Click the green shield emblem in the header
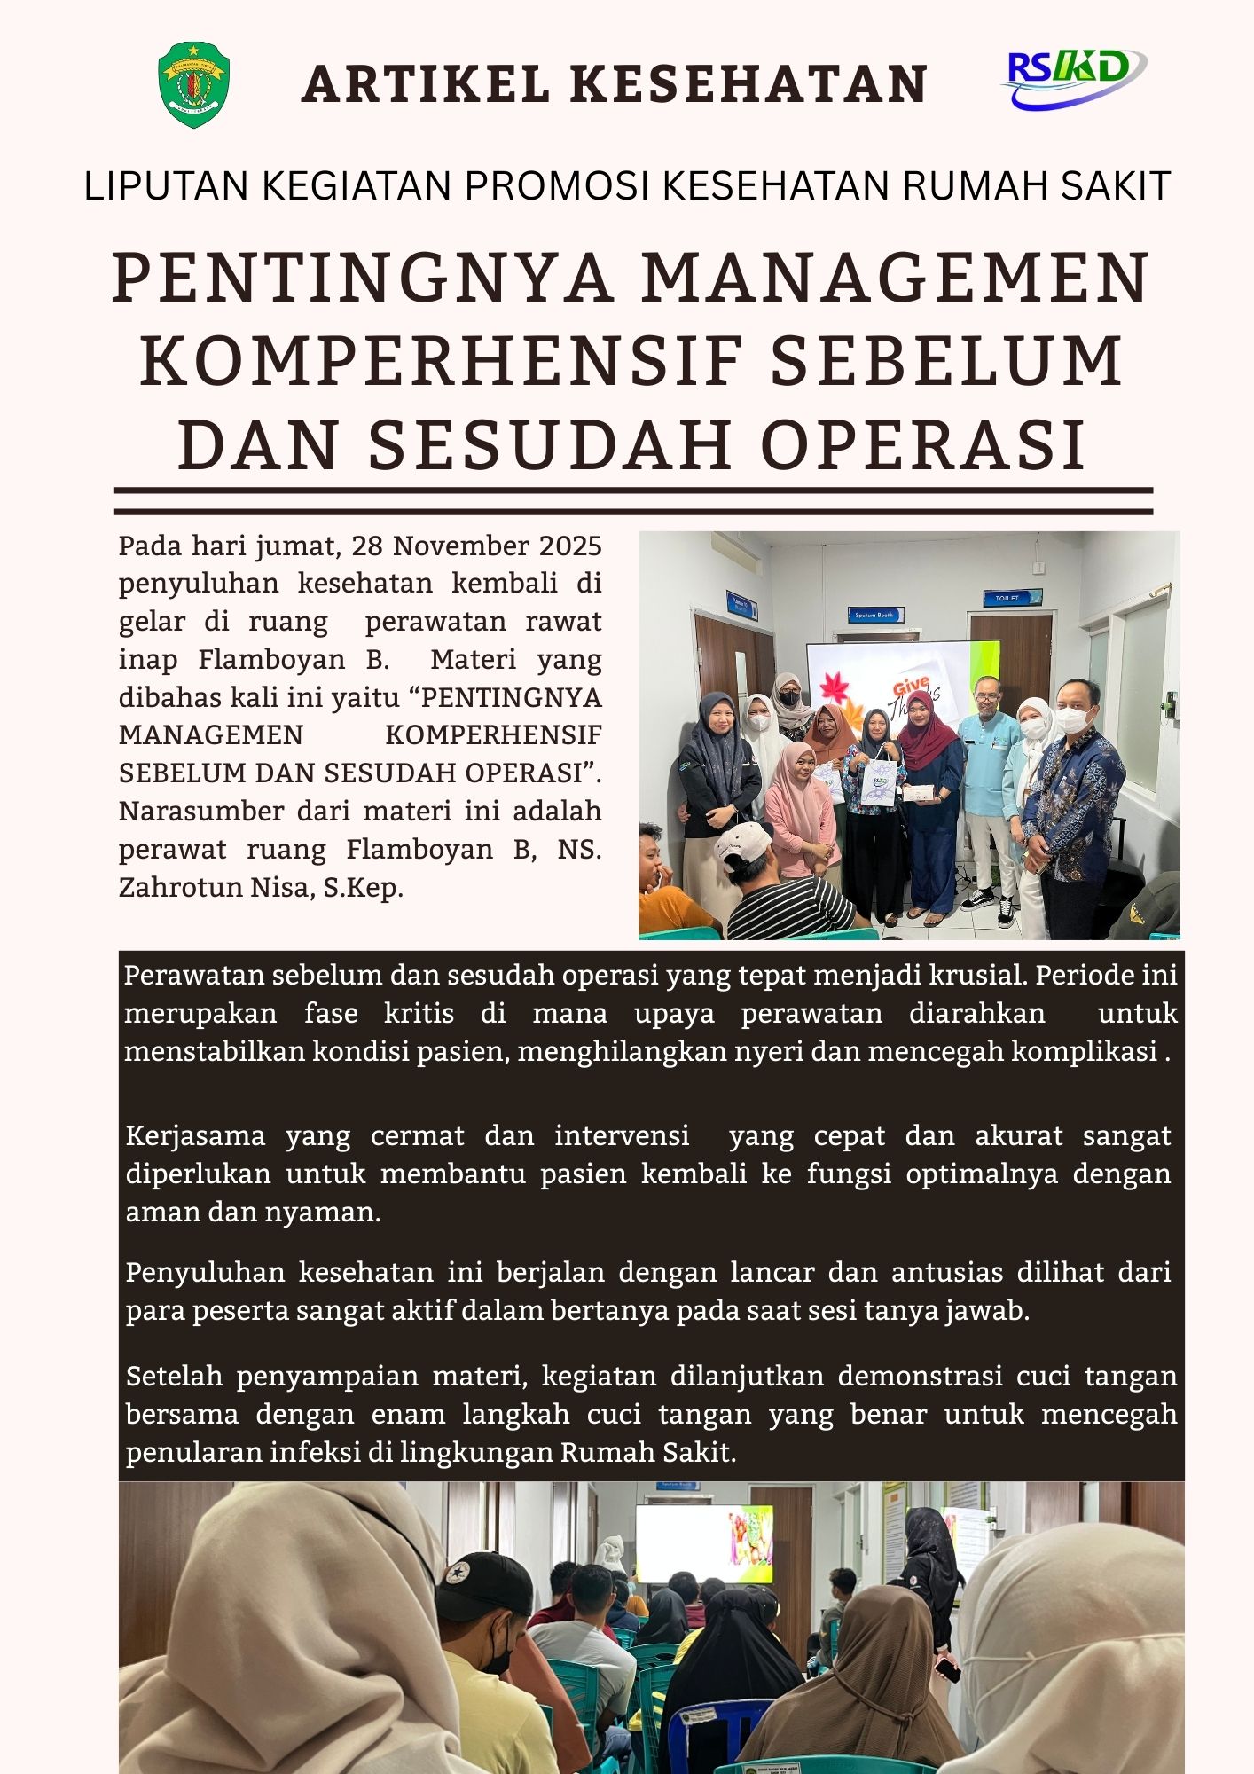(193, 85)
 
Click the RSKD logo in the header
(1072, 78)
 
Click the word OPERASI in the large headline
(924, 444)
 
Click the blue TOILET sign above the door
(1007, 598)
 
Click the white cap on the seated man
(741, 846)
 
